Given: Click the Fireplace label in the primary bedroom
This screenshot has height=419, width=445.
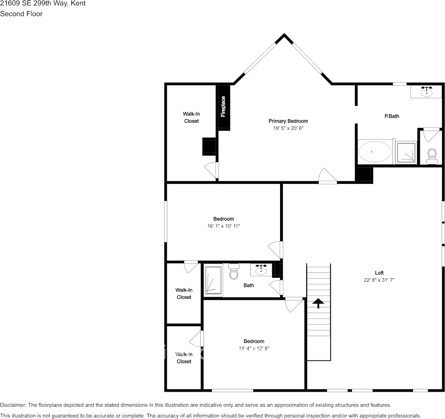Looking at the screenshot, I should coord(223,106).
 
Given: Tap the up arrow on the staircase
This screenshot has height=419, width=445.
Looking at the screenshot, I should coord(318,303).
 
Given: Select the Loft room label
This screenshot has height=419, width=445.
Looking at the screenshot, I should coord(379,273).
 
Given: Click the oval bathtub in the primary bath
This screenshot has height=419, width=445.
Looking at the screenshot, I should coord(375,152).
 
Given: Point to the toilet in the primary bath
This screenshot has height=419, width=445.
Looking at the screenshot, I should coord(431,155).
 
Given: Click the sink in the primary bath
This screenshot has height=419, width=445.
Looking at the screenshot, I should coord(427,92).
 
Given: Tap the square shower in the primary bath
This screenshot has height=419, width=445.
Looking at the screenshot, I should coord(406,152).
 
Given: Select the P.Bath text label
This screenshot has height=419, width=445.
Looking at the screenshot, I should coord(391,116).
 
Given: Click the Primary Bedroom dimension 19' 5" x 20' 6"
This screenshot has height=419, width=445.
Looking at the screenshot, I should coord(288,128).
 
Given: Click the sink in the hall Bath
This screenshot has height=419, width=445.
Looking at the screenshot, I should coord(261,269).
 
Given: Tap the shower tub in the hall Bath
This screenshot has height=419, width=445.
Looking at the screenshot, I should coord(213,280).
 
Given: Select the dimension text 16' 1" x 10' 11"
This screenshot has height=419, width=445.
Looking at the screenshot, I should coord(223,226).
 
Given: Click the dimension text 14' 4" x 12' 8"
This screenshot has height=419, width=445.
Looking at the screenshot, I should coord(254,348).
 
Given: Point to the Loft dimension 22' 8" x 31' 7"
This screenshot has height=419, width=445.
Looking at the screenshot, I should coord(379,280).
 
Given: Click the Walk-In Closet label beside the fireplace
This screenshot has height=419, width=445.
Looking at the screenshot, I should coord(191,117).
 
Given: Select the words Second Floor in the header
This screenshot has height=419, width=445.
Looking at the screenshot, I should coord(21,14).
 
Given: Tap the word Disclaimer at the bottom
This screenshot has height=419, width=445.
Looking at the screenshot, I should coord(13,405).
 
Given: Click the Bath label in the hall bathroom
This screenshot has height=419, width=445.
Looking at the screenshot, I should coord(249,285).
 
